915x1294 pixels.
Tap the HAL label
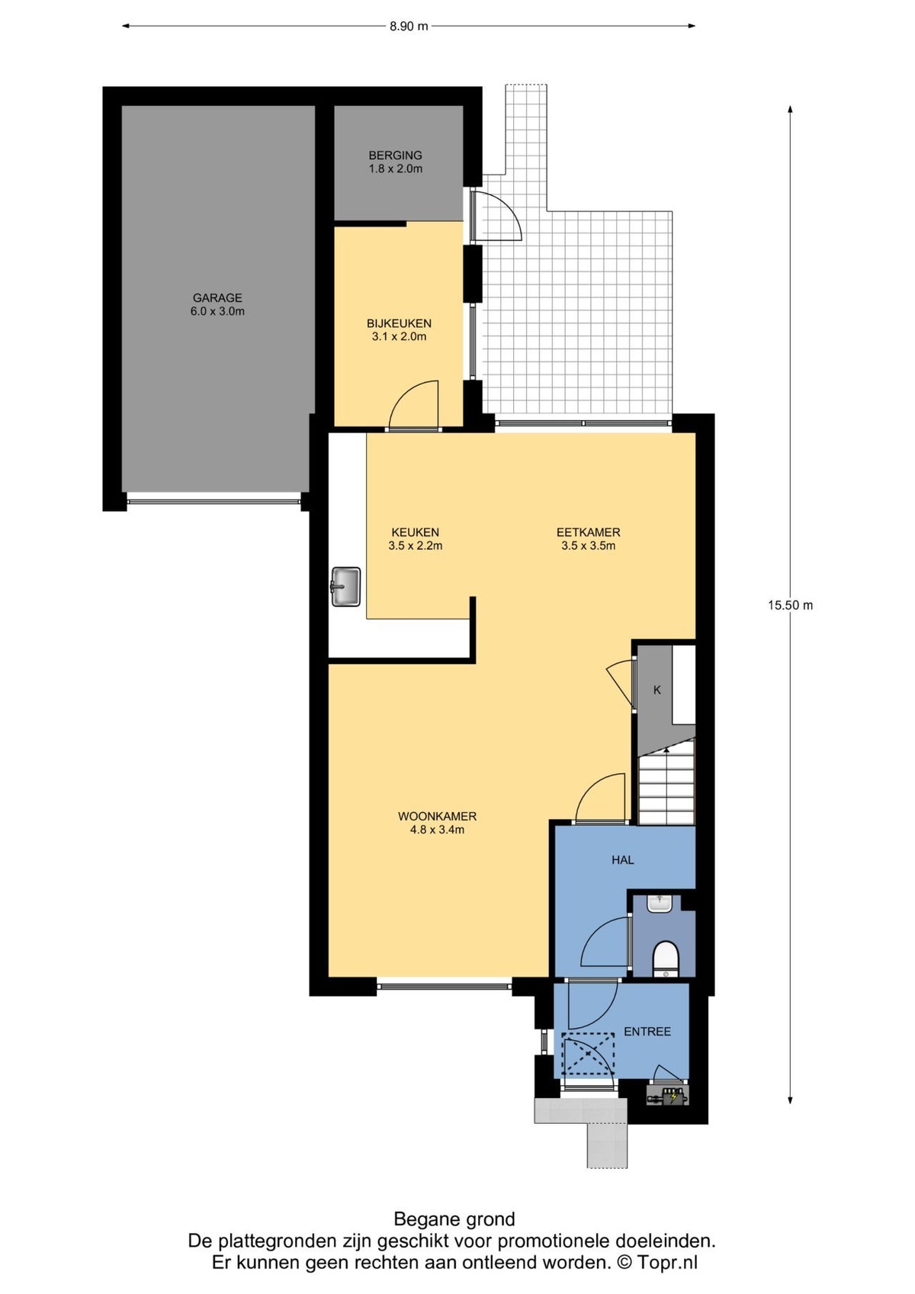(623, 860)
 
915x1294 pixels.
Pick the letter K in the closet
(657, 690)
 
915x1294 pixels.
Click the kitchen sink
(346, 587)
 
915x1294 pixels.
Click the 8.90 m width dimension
(409, 26)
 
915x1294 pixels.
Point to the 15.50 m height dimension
(790, 605)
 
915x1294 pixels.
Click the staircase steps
(666, 783)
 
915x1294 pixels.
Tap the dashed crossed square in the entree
(589, 1054)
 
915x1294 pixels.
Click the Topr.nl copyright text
(659, 1262)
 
